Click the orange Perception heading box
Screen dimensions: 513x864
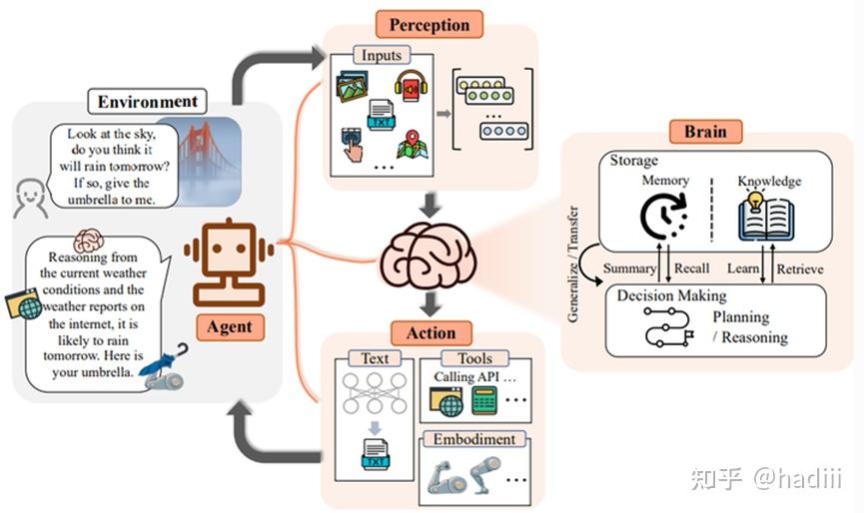pos(429,23)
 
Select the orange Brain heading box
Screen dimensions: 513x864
pos(704,131)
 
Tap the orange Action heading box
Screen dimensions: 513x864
pos(432,332)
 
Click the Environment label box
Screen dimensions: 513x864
pos(148,101)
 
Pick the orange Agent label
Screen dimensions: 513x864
pos(229,326)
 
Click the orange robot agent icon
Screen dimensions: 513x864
pos(230,262)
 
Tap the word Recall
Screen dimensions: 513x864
pos(691,268)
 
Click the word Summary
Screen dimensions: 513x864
pos(627,268)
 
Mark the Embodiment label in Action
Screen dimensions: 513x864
pos(473,439)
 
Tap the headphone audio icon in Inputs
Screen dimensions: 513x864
pos(411,86)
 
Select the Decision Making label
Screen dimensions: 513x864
pos(671,295)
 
